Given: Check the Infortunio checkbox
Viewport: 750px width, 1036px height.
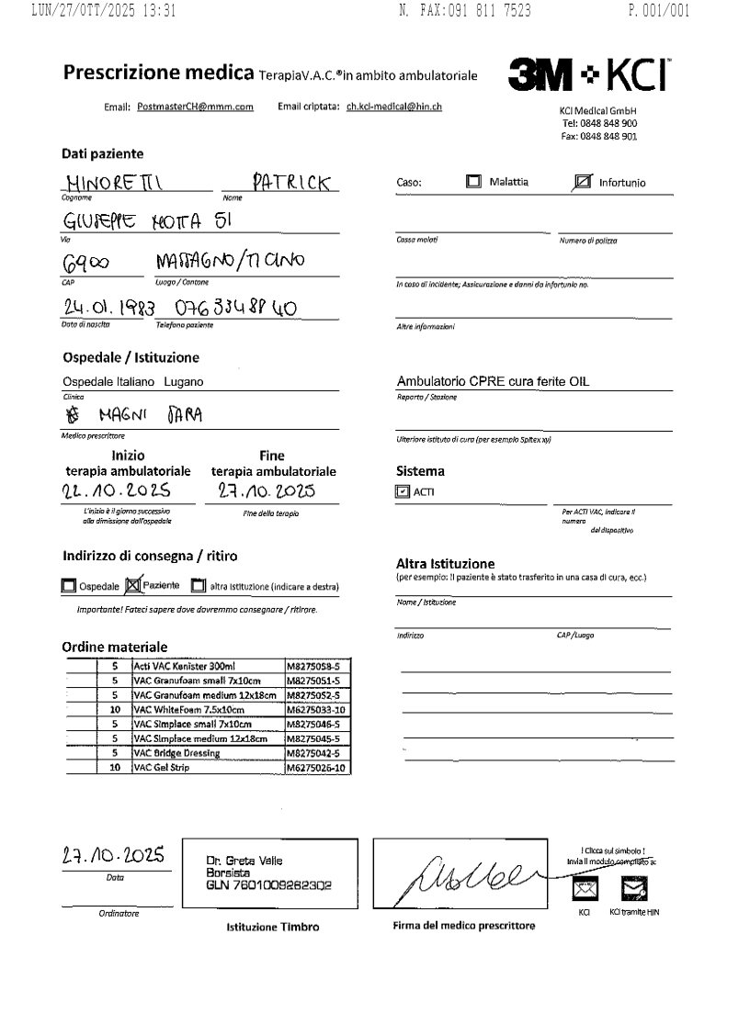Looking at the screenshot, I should click(x=581, y=182).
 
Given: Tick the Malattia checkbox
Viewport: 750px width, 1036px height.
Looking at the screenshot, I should click(x=473, y=182).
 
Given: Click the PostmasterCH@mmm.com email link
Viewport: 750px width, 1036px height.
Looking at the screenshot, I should click(x=195, y=107).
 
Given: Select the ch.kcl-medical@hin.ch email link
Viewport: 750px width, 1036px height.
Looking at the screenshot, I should click(x=393, y=107).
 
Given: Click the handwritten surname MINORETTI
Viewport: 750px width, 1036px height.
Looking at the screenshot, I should click(x=113, y=183).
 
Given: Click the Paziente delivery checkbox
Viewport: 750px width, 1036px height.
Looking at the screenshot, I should click(x=131, y=584).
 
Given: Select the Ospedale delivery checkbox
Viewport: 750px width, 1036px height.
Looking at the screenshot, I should click(x=69, y=585).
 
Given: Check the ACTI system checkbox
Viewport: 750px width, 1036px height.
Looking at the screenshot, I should click(x=401, y=491).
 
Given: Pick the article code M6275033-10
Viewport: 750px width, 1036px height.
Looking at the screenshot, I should click(x=317, y=710).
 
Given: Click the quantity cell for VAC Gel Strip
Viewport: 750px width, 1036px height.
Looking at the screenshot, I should click(x=115, y=767).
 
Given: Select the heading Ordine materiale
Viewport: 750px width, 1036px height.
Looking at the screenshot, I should click(x=115, y=647).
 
